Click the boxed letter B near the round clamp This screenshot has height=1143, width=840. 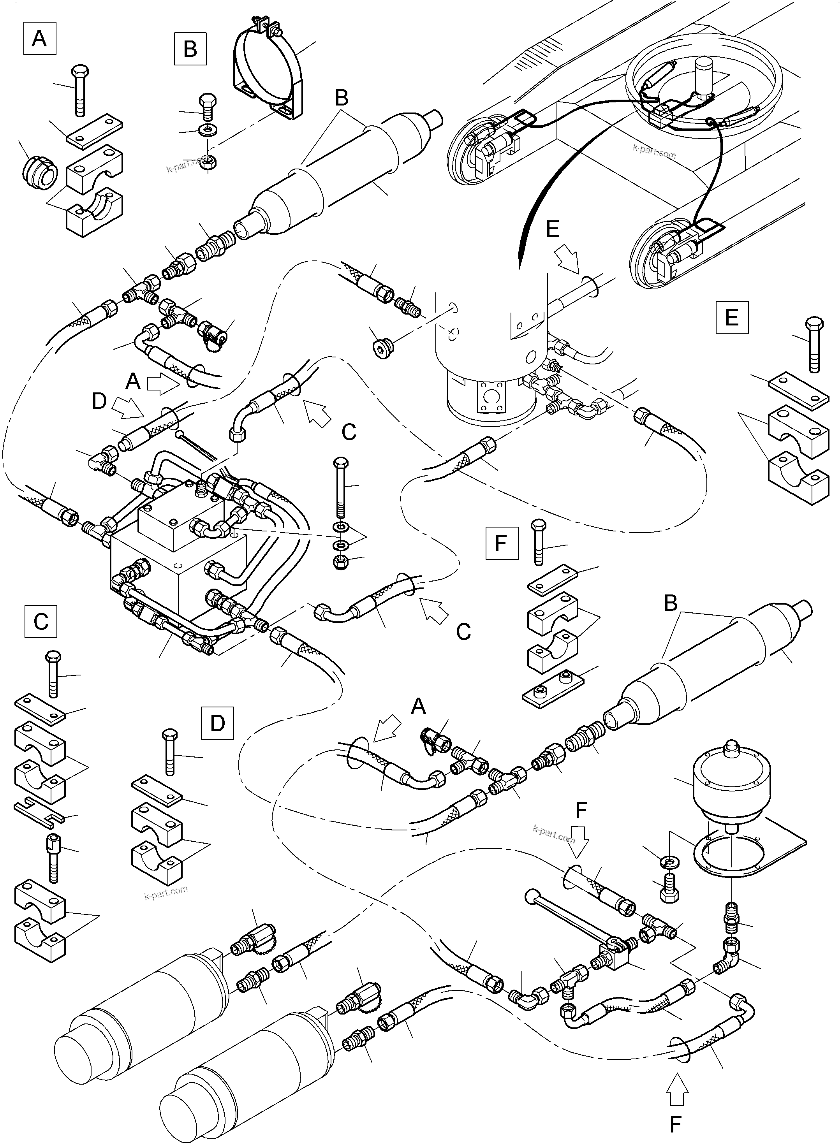[190, 49]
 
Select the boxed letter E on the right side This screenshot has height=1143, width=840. [731, 317]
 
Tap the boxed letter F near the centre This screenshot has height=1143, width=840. [501, 543]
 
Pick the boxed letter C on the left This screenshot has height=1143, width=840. [41, 621]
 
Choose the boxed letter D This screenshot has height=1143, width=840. [217, 722]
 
